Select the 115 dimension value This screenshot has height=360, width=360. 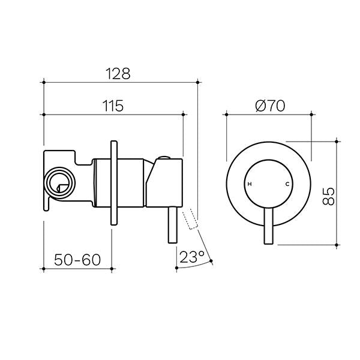tap(112, 106)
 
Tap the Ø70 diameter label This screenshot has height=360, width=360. tap(269, 106)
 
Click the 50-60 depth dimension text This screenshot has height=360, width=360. tap(77, 260)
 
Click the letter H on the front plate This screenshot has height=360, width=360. tap(250, 184)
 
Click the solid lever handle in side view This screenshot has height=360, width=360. tap(173, 227)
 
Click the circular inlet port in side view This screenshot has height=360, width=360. tap(59, 181)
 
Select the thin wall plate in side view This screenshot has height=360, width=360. tap(112, 182)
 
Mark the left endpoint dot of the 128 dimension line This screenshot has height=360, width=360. tap(44, 81)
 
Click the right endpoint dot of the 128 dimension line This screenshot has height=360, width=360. tap(198, 81)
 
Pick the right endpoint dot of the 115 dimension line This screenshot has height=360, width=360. tap(183, 113)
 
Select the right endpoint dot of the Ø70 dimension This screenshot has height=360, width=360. tap(312, 113)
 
